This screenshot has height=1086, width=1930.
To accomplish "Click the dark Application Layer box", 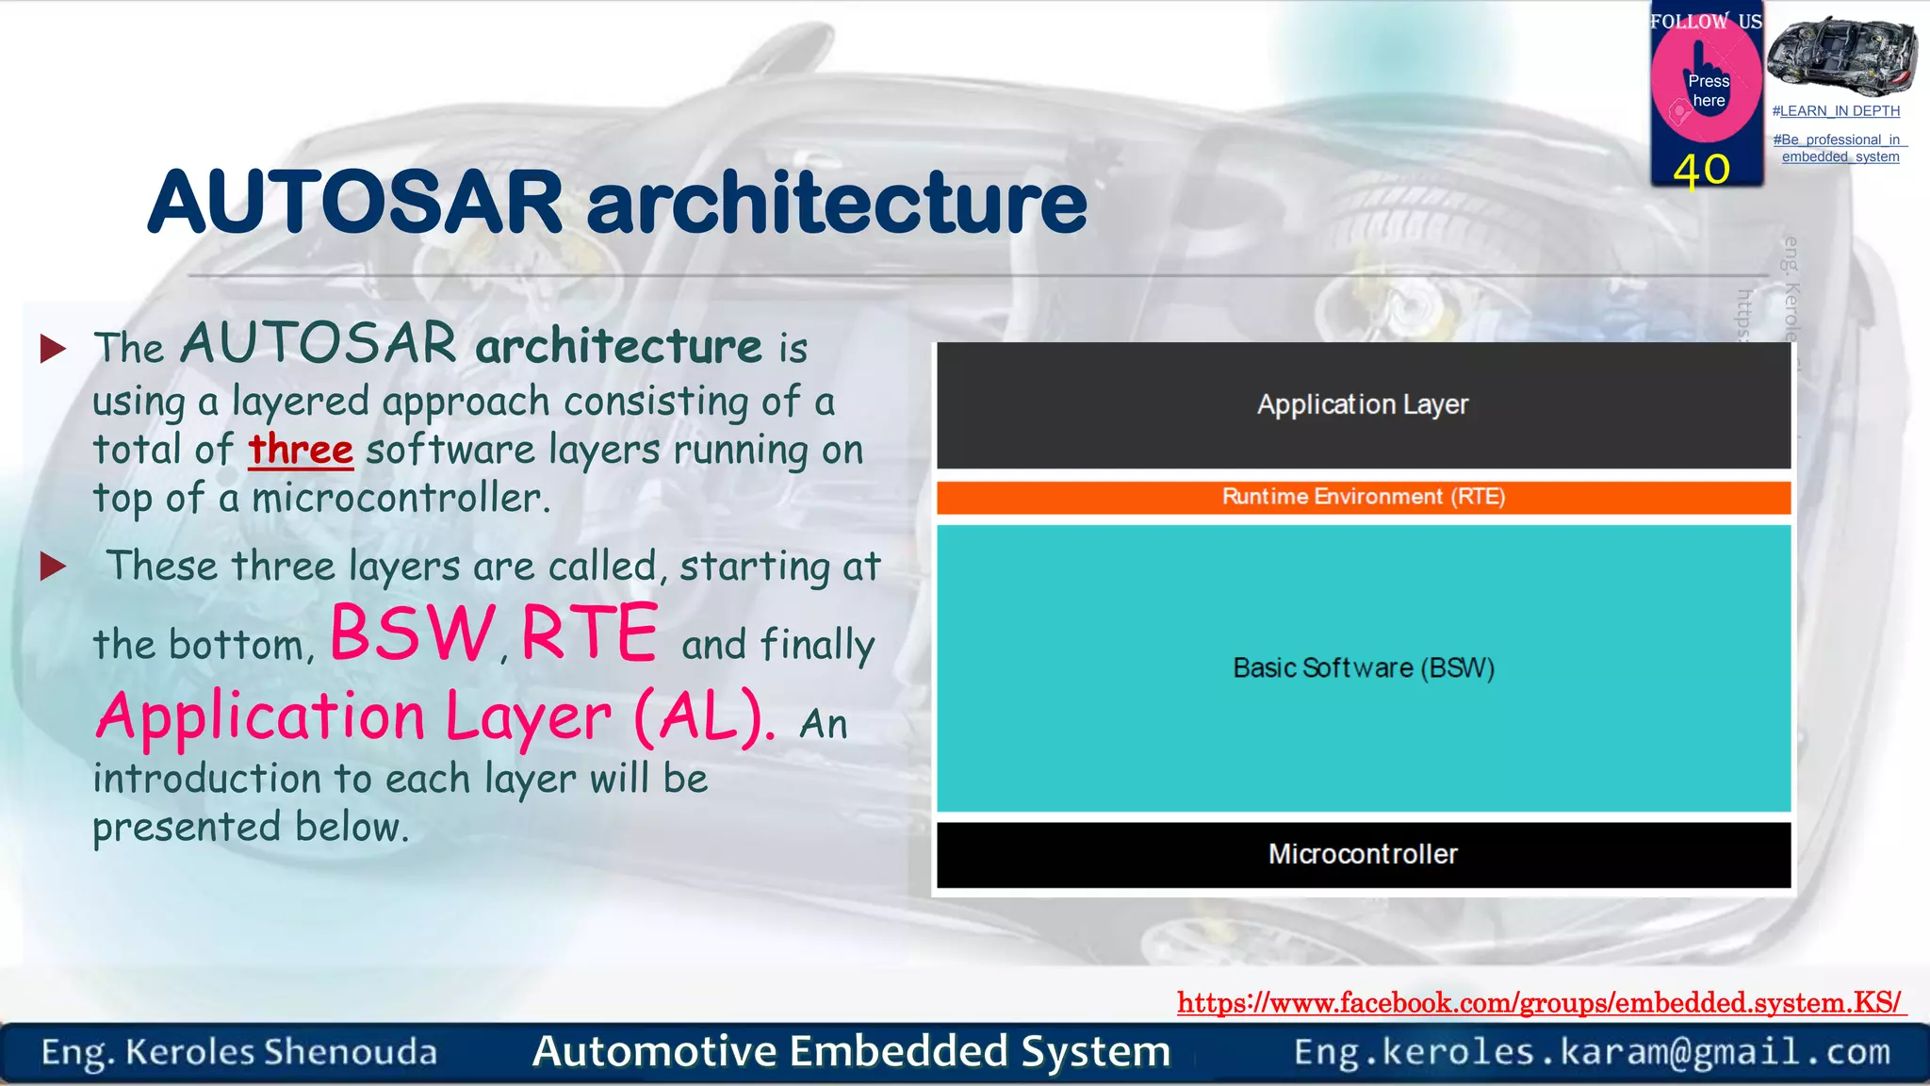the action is pos(1363,405).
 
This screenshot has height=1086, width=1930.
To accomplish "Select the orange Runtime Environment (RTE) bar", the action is pos(1363,497).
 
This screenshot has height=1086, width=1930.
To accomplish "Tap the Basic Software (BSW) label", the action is pos(1363,668).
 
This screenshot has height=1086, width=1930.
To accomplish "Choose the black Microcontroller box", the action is pos(1363,854).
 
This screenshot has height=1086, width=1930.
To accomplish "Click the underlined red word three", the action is pos(301,451).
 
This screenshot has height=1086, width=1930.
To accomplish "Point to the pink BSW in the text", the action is pos(412,633).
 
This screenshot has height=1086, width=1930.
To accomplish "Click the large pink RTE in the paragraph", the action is pos(589,633).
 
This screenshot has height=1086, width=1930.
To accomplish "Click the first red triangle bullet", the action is pos(54,349).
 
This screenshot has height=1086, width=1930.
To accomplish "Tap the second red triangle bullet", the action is pos(54,567).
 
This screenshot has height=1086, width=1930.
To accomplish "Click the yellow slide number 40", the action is pos(1702,171).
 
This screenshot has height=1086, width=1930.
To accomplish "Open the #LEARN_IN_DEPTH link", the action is pos(1836,111).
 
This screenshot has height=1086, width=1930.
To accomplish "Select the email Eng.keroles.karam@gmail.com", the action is pos(1592,1052).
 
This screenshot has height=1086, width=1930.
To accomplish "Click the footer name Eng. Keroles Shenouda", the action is pos(239,1052).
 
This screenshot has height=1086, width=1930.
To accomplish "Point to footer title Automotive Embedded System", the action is pos(851,1052).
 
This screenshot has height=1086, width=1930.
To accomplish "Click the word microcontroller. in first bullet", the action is pos(401,499).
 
